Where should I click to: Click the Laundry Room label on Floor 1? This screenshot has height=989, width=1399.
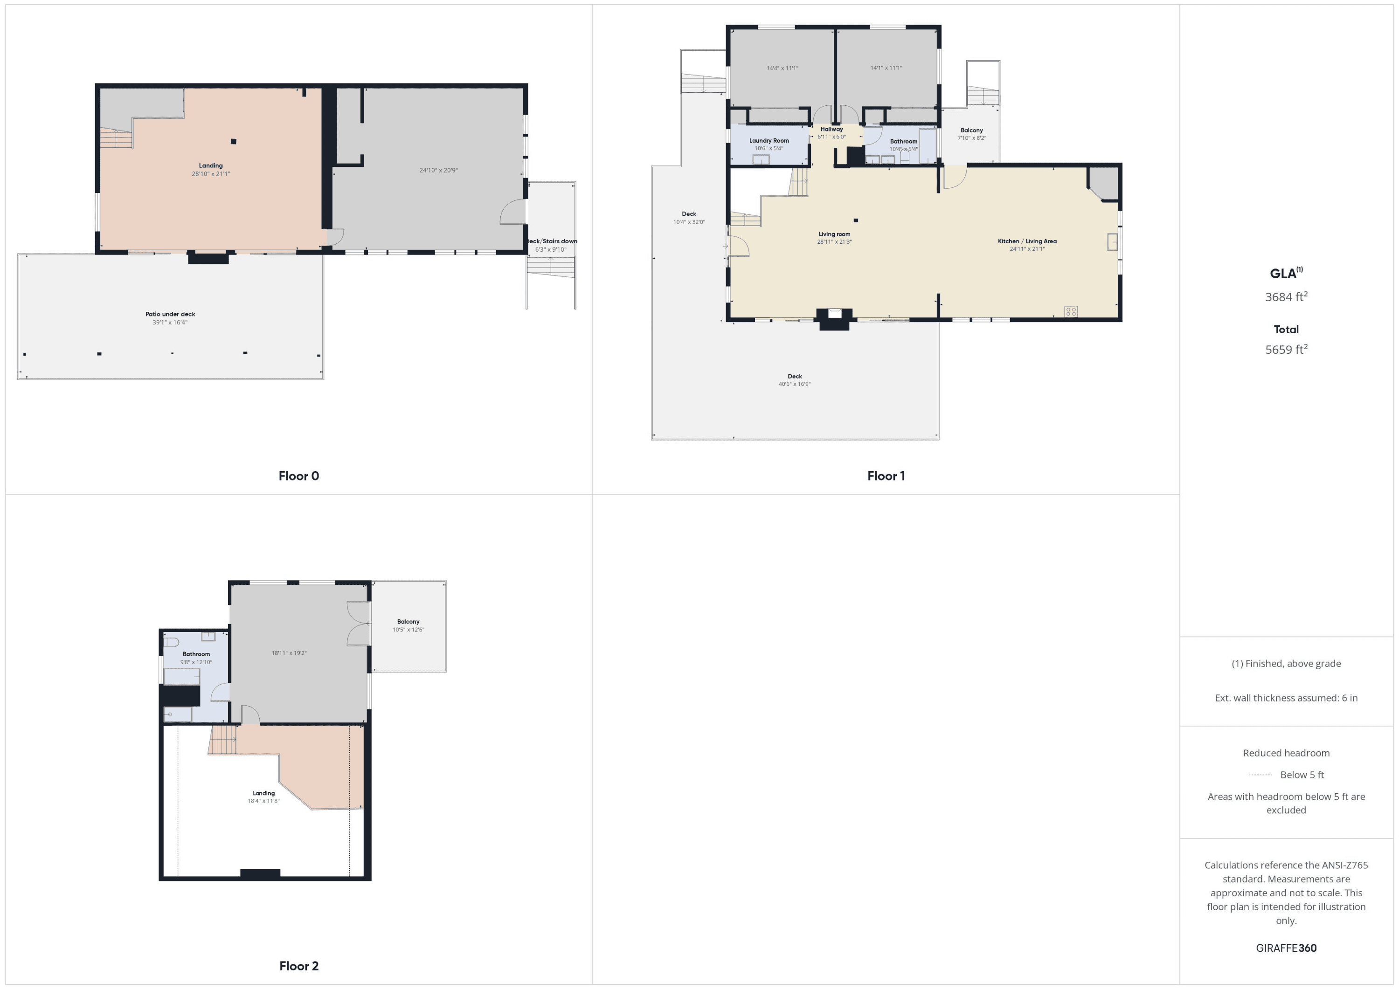click(x=769, y=141)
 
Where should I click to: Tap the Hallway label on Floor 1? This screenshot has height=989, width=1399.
click(x=832, y=129)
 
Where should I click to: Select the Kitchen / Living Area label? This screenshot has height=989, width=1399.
click(x=1027, y=241)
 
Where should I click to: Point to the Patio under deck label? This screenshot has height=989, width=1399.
click(x=170, y=314)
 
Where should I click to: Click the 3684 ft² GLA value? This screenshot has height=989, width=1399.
click(x=1286, y=296)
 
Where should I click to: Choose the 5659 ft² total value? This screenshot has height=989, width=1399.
click(x=1286, y=349)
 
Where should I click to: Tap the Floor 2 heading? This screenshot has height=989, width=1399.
click(x=298, y=966)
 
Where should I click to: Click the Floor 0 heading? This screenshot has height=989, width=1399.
click(x=298, y=475)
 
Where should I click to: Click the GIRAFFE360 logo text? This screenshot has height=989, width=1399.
click(x=1286, y=948)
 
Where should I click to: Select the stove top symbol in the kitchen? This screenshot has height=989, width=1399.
click(x=1071, y=311)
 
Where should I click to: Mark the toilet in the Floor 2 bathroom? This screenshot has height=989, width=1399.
click(x=171, y=642)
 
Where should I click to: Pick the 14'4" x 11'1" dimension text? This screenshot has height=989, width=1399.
click(x=783, y=68)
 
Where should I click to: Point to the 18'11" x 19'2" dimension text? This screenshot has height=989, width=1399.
click(x=289, y=653)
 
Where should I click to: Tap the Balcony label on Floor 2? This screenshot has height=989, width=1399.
click(x=408, y=622)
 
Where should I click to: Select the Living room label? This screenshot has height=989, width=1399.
click(x=834, y=234)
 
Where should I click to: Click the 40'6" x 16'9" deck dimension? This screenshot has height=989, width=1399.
click(x=795, y=384)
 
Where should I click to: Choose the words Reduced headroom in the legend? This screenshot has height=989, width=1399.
click(x=1286, y=753)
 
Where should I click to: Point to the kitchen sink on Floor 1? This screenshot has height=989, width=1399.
click(x=1113, y=242)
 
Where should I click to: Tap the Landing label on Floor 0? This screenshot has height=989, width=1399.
click(x=211, y=165)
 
